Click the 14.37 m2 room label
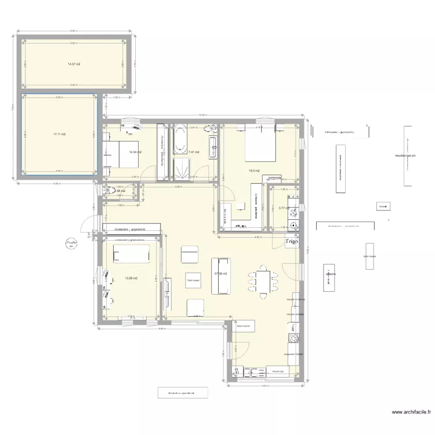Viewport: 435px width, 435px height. (x=74, y=64)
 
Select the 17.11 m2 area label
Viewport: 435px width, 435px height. (x=59, y=134)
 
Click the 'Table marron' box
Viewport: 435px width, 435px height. (x=244, y=326)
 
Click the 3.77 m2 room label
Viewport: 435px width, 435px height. (x=284, y=208)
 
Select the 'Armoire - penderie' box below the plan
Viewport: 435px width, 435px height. (x=182, y=393)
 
